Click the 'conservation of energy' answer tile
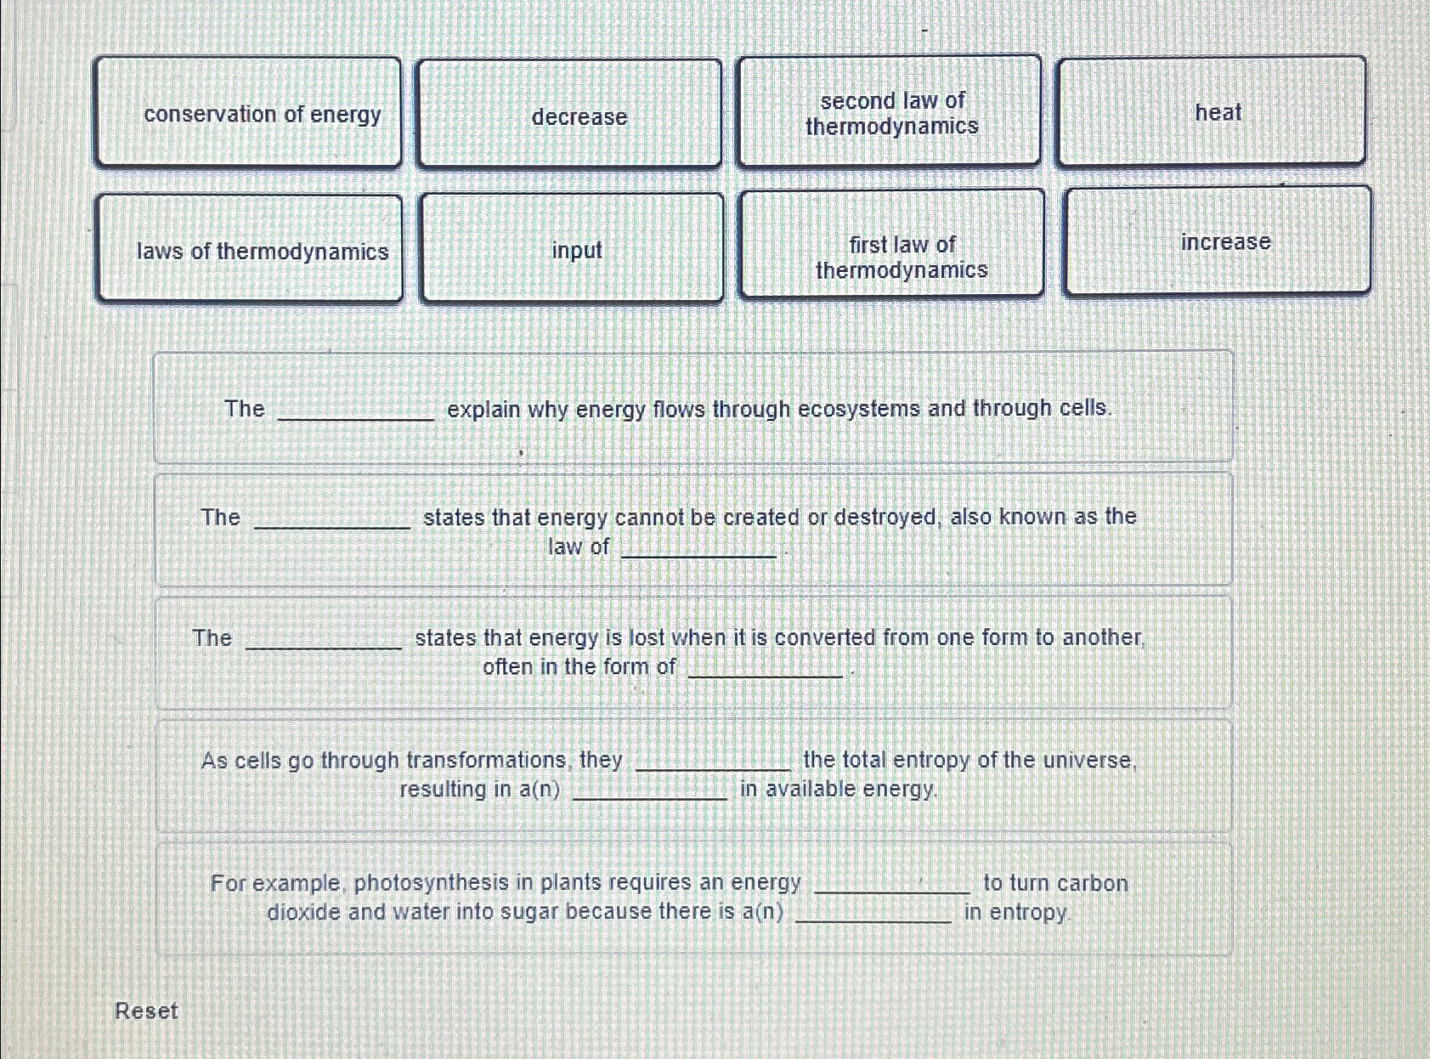click(x=247, y=112)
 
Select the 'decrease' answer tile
click(x=569, y=114)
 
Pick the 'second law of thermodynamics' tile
click(x=890, y=111)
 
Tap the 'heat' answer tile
click(x=1212, y=111)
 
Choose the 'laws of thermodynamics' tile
click(x=249, y=249)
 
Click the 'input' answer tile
click(x=572, y=248)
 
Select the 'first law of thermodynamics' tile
click(x=892, y=245)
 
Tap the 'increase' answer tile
click(x=1218, y=241)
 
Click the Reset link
click(x=146, y=1011)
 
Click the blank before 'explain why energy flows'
click(x=356, y=411)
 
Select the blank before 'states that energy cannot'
click(x=332, y=520)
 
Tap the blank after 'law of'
click(x=699, y=549)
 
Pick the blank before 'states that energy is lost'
click(x=324, y=641)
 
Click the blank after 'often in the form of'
click(x=765, y=669)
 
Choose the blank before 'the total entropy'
click(x=713, y=762)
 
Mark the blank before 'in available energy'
click(x=650, y=791)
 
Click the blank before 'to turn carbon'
click(x=892, y=885)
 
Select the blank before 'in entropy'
click(x=873, y=915)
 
